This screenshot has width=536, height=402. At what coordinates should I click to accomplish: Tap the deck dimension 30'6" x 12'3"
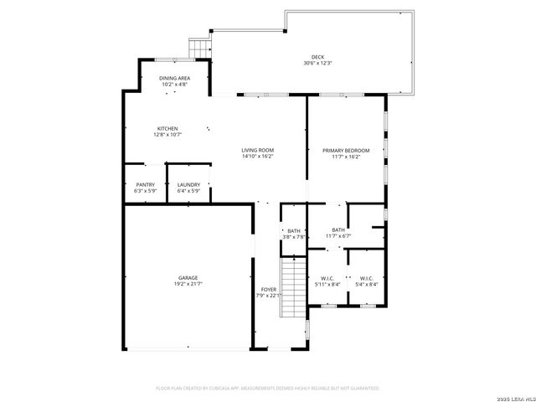(x=317, y=64)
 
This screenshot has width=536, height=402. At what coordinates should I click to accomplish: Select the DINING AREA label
(x=174, y=78)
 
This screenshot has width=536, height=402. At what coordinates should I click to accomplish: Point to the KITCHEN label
(x=167, y=128)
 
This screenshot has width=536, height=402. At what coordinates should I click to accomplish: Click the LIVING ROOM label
(x=258, y=150)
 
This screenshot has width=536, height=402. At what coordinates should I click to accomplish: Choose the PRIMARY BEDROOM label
(x=346, y=150)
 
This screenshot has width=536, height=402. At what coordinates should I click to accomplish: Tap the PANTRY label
(x=146, y=185)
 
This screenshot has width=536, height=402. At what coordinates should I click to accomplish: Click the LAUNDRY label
(x=188, y=185)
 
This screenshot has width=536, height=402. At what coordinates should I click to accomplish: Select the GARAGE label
(x=188, y=278)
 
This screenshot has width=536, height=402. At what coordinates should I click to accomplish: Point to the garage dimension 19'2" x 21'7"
(x=188, y=284)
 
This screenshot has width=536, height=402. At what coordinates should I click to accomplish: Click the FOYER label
(x=268, y=290)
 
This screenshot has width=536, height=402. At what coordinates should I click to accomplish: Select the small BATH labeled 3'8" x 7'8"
(x=294, y=231)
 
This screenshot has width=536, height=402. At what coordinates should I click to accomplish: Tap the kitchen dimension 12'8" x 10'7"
(x=167, y=134)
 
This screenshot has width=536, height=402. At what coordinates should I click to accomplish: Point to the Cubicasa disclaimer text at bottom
(x=268, y=389)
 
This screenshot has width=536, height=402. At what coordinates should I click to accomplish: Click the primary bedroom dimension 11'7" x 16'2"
(x=346, y=156)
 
